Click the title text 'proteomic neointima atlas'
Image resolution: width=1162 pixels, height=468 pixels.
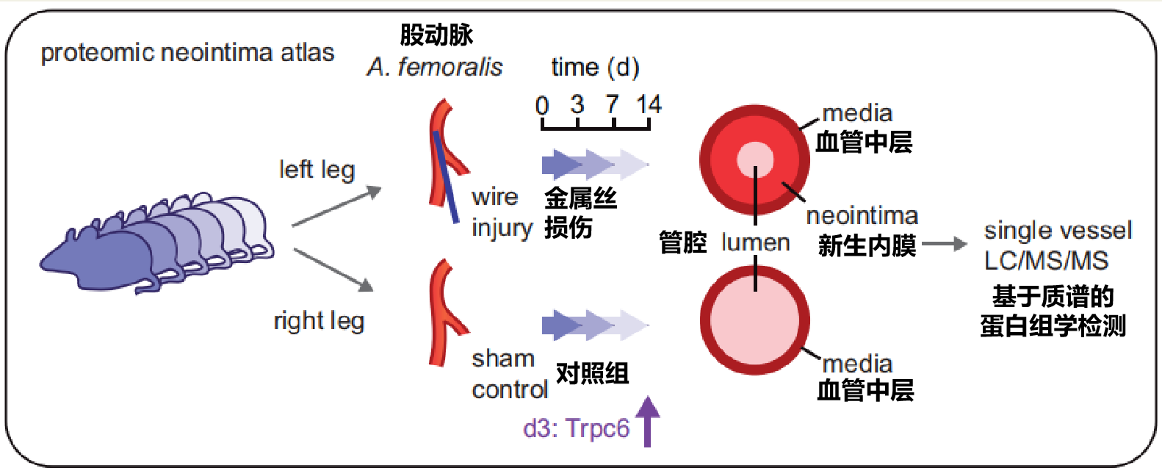pyautogui.click(x=187, y=53)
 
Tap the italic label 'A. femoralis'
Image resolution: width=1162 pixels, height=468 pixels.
pyautogui.click(x=435, y=68)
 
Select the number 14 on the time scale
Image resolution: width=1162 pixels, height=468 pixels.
pyautogui.click(x=649, y=104)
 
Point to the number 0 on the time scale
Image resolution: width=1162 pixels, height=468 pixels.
pyautogui.click(x=542, y=105)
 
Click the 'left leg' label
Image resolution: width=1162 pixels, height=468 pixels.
pyautogui.click(x=317, y=170)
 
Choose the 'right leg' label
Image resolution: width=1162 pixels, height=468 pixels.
pyautogui.click(x=319, y=321)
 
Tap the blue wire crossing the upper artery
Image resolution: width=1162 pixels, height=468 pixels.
pyautogui.click(x=446, y=176)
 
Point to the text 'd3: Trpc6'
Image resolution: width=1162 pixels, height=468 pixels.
pyautogui.click(x=576, y=428)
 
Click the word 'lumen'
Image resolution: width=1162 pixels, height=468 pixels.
pyautogui.click(x=755, y=242)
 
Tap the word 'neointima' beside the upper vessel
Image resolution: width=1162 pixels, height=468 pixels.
pyautogui.click(x=862, y=216)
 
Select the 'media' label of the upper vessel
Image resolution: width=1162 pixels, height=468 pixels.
pyautogui.click(x=857, y=113)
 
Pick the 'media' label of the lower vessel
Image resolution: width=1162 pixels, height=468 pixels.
pyautogui.click(x=857, y=364)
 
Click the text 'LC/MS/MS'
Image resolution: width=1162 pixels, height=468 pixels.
pyautogui.click(x=1046, y=261)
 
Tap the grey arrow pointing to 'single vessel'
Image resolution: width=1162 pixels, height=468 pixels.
pyautogui.click(x=945, y=244)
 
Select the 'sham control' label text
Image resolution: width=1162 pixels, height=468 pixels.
pyautogui.click(x=508, y=374)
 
